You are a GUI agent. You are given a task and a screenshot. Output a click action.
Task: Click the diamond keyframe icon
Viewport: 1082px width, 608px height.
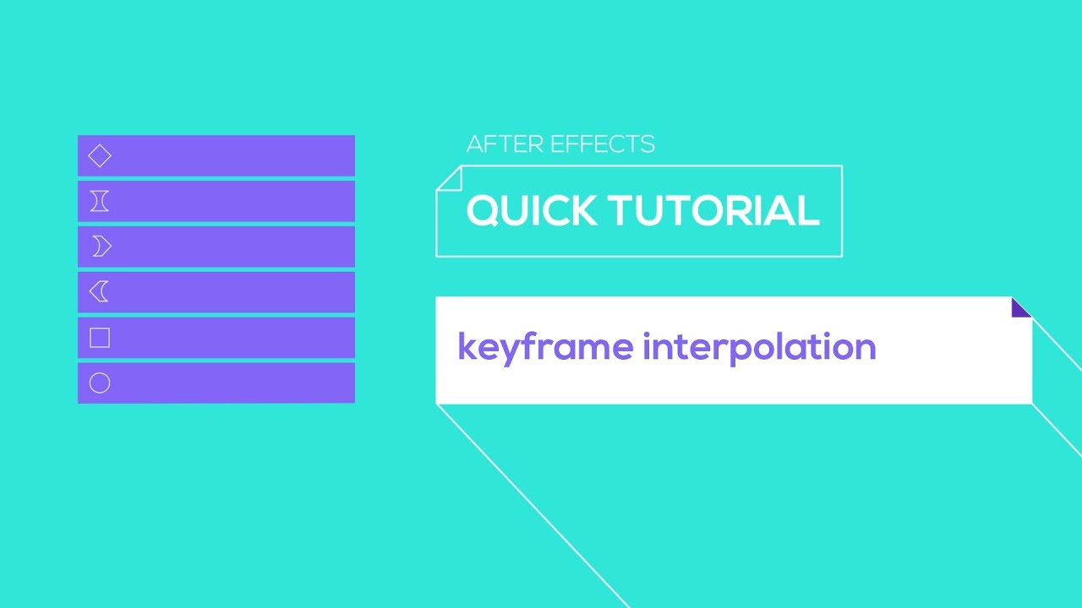[x=100, y=156]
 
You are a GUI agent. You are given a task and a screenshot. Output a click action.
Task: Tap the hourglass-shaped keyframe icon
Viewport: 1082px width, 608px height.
[x=100, y=201]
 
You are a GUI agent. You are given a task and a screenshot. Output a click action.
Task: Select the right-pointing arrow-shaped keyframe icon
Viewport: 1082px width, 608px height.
[x=101, y=247]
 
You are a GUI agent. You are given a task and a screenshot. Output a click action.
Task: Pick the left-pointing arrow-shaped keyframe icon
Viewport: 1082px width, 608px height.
[x=99, y=292]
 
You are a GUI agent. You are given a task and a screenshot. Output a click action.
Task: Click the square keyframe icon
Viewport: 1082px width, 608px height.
[x=100, y=338]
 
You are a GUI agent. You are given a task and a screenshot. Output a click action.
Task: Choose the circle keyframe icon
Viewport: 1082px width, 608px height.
[x=100, y=383]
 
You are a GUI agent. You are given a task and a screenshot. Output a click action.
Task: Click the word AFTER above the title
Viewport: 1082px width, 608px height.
[x=494, y=144]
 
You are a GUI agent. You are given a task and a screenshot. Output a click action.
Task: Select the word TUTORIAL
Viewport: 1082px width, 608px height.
[x=710, y=210]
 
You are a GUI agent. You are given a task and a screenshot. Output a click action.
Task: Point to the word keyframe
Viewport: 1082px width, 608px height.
[x=545, y=347]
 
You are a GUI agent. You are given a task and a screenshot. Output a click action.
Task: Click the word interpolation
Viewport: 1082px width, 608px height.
[x=759, y=347]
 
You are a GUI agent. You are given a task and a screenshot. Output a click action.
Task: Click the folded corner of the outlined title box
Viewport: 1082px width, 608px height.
[x=448, y=178]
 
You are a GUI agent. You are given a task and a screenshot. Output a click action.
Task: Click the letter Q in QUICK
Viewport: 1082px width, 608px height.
[x=484, y=211]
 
